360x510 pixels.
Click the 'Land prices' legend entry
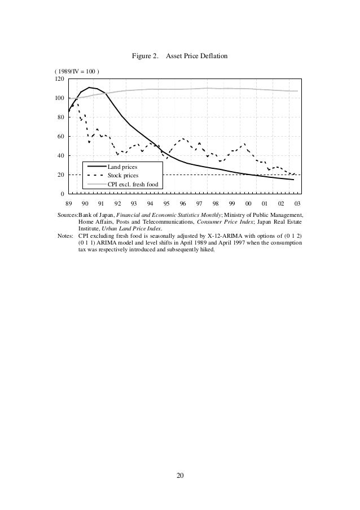tap(122, 168)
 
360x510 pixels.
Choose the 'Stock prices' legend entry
tap(123, 176)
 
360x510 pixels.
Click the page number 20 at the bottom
tap(179, 476)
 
